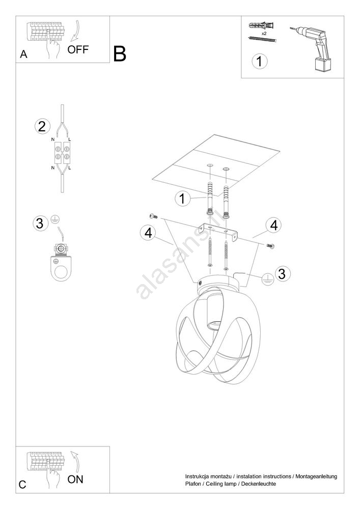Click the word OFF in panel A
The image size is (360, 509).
pyautogui.click(x=78, y=50)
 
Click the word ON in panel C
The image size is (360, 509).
pyautogui.click(x=75, y=479)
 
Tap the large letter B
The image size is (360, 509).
pyautogui.click(x=120, y=54)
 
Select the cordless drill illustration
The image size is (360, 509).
pyautogui.click(x=311, y=49)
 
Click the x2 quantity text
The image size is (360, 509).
pyautogui.click(x=264, y=33)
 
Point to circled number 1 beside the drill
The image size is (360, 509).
pyautogui.click(x=259, y=61)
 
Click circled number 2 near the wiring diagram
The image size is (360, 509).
pyautogui.click(x=42, y=126)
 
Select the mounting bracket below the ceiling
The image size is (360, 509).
pyautogui.click(x=218, y=231)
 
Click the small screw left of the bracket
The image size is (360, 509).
pyautogui.click(x=153, y=216)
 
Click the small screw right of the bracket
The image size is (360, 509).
pyautogui.click(x=271, y=246)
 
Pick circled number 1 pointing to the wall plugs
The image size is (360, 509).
pyautogui.click(x=182, y=199)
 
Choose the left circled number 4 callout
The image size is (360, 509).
pyautogui.click(x=148, y=233)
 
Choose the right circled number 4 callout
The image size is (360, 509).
pyautogui.click(x=274, y=225)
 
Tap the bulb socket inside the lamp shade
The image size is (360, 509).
pyautogui.click(x=213, y=313)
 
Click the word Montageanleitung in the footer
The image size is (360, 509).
pyautogui.click(x=316, y=476)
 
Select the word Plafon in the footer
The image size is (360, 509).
pyautogui.click(x=193, y=484)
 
